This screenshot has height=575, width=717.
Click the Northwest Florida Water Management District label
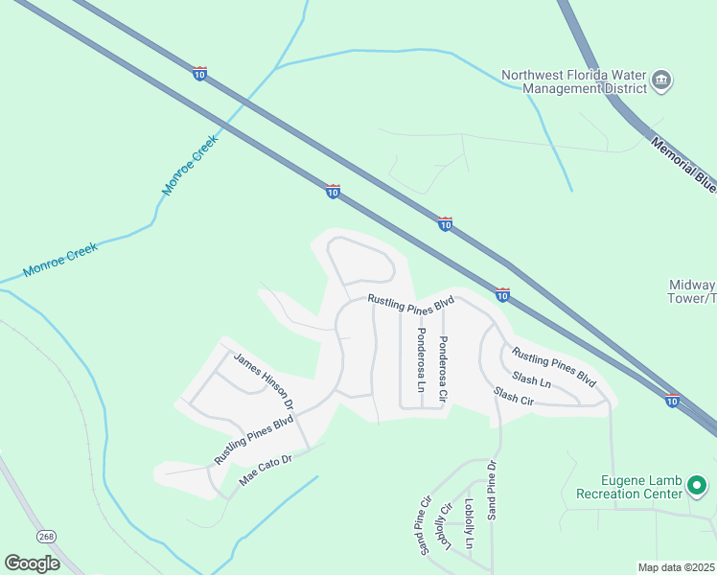(578, 81)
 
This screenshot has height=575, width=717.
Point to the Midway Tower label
(691, 291)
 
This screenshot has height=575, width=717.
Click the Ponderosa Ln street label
(420, 361)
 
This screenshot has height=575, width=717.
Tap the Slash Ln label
(532, 380)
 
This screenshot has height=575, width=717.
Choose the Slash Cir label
(513, 396)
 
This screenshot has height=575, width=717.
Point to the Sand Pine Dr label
(492, 491)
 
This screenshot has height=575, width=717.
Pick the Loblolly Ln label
(469, 523)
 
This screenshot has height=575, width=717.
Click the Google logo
(32, 563)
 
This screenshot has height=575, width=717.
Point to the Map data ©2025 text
(677, 567)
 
